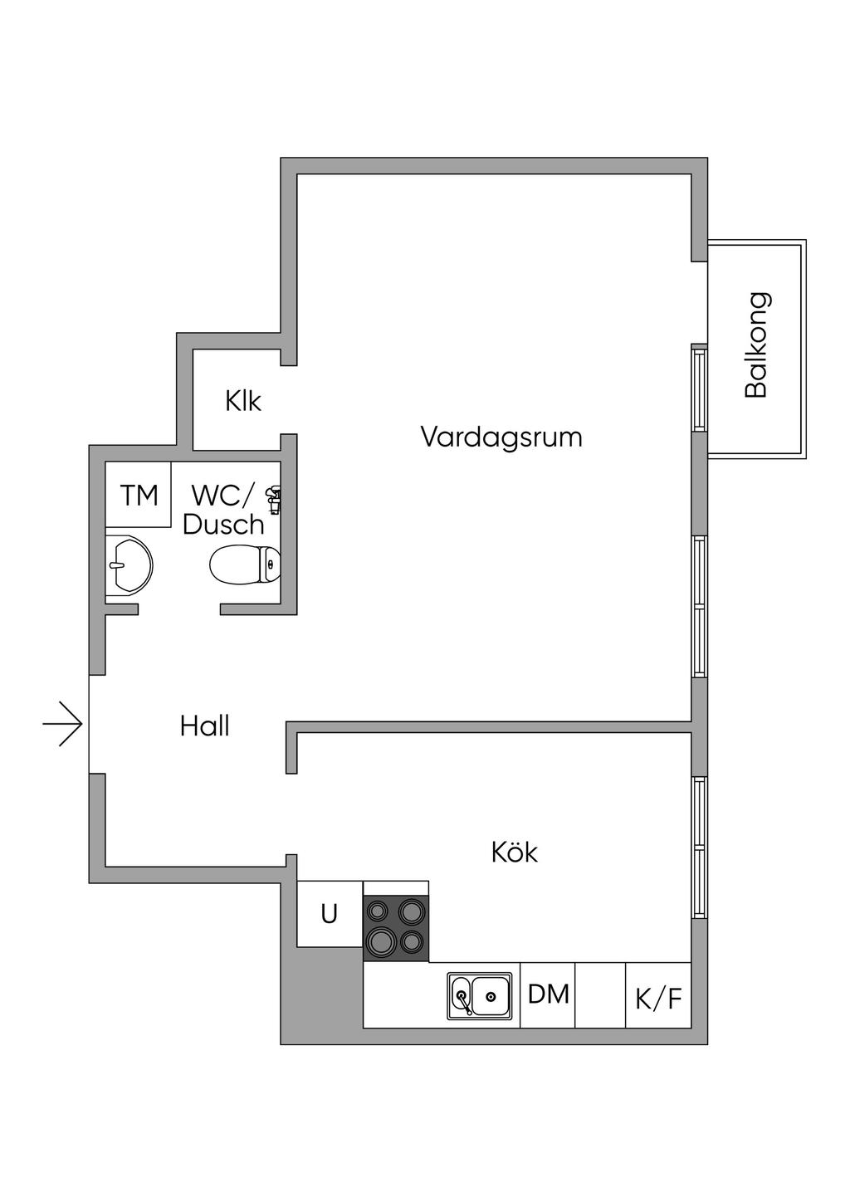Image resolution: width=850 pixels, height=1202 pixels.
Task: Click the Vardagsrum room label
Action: (501, 437)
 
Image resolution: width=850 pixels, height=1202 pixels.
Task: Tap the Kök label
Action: (515, 853)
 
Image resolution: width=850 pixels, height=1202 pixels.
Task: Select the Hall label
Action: (204, 726)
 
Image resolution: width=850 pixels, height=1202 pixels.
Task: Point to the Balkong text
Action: (756, 344)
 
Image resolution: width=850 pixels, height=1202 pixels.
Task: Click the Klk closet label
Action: (242, 402)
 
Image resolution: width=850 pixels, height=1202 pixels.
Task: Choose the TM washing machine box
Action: (139, 495)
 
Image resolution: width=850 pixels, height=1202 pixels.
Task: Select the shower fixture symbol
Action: (273, 499)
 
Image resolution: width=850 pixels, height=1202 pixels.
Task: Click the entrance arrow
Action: (63, 724)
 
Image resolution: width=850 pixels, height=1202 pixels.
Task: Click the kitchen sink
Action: (480, 995)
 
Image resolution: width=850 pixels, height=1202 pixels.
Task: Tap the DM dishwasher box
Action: (548, 994)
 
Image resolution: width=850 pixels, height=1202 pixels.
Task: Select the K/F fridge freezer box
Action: (658, 997)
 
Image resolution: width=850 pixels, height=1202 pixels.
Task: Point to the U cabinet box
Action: (330, 914)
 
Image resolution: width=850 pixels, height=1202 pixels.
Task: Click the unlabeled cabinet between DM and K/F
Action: (600, 994)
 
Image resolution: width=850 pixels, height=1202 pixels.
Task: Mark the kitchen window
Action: (700, 848)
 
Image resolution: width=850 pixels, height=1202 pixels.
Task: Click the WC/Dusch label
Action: (222, 510)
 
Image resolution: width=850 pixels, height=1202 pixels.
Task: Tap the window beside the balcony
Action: (700, 388)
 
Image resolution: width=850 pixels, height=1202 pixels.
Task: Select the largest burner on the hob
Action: (381, 942)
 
